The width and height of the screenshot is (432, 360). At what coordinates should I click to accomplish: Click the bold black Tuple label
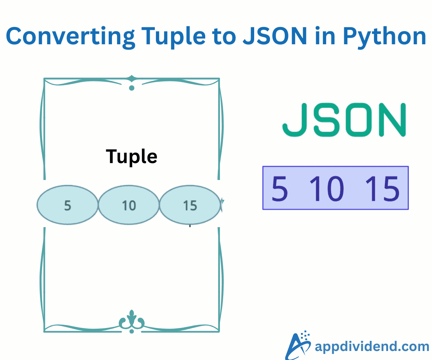pyautogui.click(x=131, y=157)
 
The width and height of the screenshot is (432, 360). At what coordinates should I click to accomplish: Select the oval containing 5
pyautogui.click(x=68, y=205)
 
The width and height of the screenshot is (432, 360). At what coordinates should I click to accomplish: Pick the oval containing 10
pyautogui.click(x=129, y=205)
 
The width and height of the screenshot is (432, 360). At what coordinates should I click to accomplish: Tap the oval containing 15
pyautogui.click(x=190, y=205)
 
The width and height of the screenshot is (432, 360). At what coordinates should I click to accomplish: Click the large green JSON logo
pyautogui.click(x=344, y=120)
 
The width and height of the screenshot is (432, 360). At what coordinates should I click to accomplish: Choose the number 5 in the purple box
pyautogui.click(x=280, y=188)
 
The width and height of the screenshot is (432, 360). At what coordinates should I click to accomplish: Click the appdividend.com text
pyautogui.click(x=372, y=346)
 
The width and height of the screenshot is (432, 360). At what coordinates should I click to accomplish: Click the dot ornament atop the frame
pyautogui.click(x=132, y=88)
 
